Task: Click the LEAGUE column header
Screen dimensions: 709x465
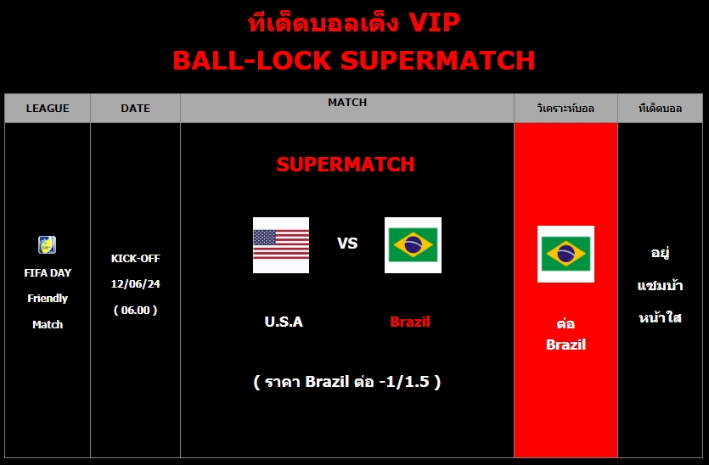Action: tap(48, 109)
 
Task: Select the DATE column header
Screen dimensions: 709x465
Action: tap(135, 109)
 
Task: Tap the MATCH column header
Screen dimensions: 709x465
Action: tap(347, 103)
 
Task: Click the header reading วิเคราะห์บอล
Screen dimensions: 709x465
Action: tap(566, 109)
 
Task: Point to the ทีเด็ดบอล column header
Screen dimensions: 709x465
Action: tap(660, 109)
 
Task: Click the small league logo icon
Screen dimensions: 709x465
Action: tap(47, 245)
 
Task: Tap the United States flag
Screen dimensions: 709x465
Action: tap(281, 245)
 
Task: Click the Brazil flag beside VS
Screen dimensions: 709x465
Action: tap(413, 245)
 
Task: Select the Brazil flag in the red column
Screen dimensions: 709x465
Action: tap(566, 254)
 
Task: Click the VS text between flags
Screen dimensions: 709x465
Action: tap(347, 244)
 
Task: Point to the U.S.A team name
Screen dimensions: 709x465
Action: tap(284, 322)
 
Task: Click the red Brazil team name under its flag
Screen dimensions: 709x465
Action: tap(409, 322)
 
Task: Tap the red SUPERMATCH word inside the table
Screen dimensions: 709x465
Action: tap(346, 165)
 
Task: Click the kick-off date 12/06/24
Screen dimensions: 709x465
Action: tap(136, 283)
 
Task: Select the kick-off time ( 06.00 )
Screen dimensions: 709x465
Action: tap(136, 310)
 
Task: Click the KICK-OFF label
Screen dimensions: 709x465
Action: tap(136, 259)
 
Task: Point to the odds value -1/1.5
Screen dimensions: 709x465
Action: tap(404, 382)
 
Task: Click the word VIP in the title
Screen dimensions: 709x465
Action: tap(434, 23)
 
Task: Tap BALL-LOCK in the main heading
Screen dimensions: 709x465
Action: tap(252, 60)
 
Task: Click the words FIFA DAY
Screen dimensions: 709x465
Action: tap(48, 273)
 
